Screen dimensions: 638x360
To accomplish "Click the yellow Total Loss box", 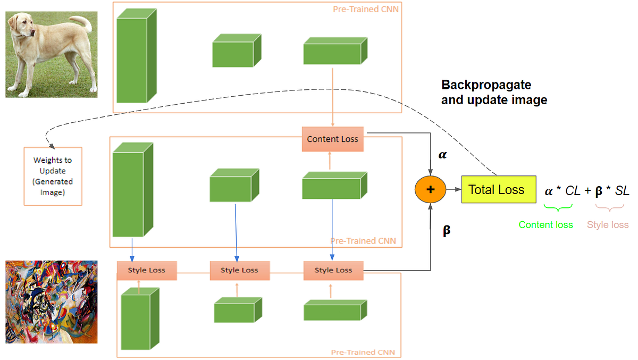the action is click(499, 189).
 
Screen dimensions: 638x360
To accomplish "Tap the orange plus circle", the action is click(430, 189).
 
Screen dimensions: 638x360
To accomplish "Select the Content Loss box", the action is click(333, 139).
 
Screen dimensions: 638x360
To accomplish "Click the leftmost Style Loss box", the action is click(147, 271).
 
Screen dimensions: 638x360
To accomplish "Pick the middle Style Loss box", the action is click(240, 271).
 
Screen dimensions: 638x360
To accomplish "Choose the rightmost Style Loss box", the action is click(333, 271).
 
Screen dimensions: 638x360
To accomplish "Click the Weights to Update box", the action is click(53, 177).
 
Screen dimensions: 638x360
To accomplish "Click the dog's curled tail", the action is click(82, 23).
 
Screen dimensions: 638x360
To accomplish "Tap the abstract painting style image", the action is click(52, 302).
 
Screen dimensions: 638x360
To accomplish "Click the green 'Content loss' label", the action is click(545, 225).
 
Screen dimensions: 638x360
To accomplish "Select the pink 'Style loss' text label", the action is click(608, 225).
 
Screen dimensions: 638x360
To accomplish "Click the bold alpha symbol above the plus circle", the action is click(442, 155).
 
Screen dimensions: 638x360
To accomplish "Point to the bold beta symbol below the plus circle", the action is click(446, 230).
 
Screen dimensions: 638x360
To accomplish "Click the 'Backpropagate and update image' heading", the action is click(494, 93).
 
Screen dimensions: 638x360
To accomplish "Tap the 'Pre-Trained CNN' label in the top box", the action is click(366, 9).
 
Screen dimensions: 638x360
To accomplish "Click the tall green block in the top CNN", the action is click(137, 55).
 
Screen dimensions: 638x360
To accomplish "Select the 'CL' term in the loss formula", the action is click(573, 190).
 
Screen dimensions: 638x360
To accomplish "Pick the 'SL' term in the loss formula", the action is click(622, 190).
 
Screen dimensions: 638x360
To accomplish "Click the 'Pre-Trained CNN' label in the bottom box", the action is click(363, 353).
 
